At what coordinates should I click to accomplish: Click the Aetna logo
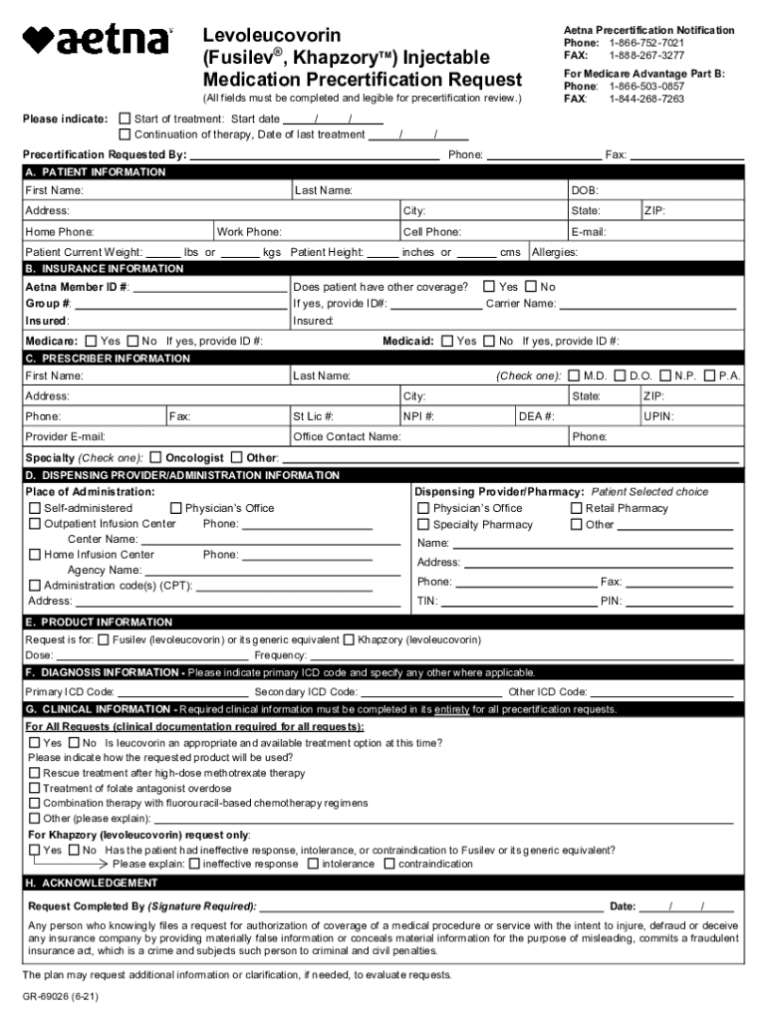coord(97,41)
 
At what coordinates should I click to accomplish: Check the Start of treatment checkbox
coord(125,119)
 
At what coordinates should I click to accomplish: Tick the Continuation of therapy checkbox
coord(125,134)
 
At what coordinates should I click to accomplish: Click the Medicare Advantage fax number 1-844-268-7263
coord(646,100)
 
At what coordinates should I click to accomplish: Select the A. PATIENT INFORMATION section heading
coord(96,172)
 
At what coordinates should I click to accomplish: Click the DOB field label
coord(584,190)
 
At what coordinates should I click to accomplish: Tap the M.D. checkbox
coord(575,376)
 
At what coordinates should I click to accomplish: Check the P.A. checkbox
coord(709,376)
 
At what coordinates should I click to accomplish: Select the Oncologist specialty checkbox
coord(155,457)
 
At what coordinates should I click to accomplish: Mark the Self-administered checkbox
coord(35,508)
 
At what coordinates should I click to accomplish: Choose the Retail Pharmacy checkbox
coord(576,508)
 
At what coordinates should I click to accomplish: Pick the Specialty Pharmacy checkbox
coord(423,525)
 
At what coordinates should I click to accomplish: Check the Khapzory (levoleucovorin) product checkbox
coord(349,639)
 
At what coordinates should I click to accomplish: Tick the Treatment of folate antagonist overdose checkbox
coord(35,788)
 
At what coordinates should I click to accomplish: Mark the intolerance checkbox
coord(313,864)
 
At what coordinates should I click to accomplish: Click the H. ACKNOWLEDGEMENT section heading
coord(92,883)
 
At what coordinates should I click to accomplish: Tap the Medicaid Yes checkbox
coord(446,341)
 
